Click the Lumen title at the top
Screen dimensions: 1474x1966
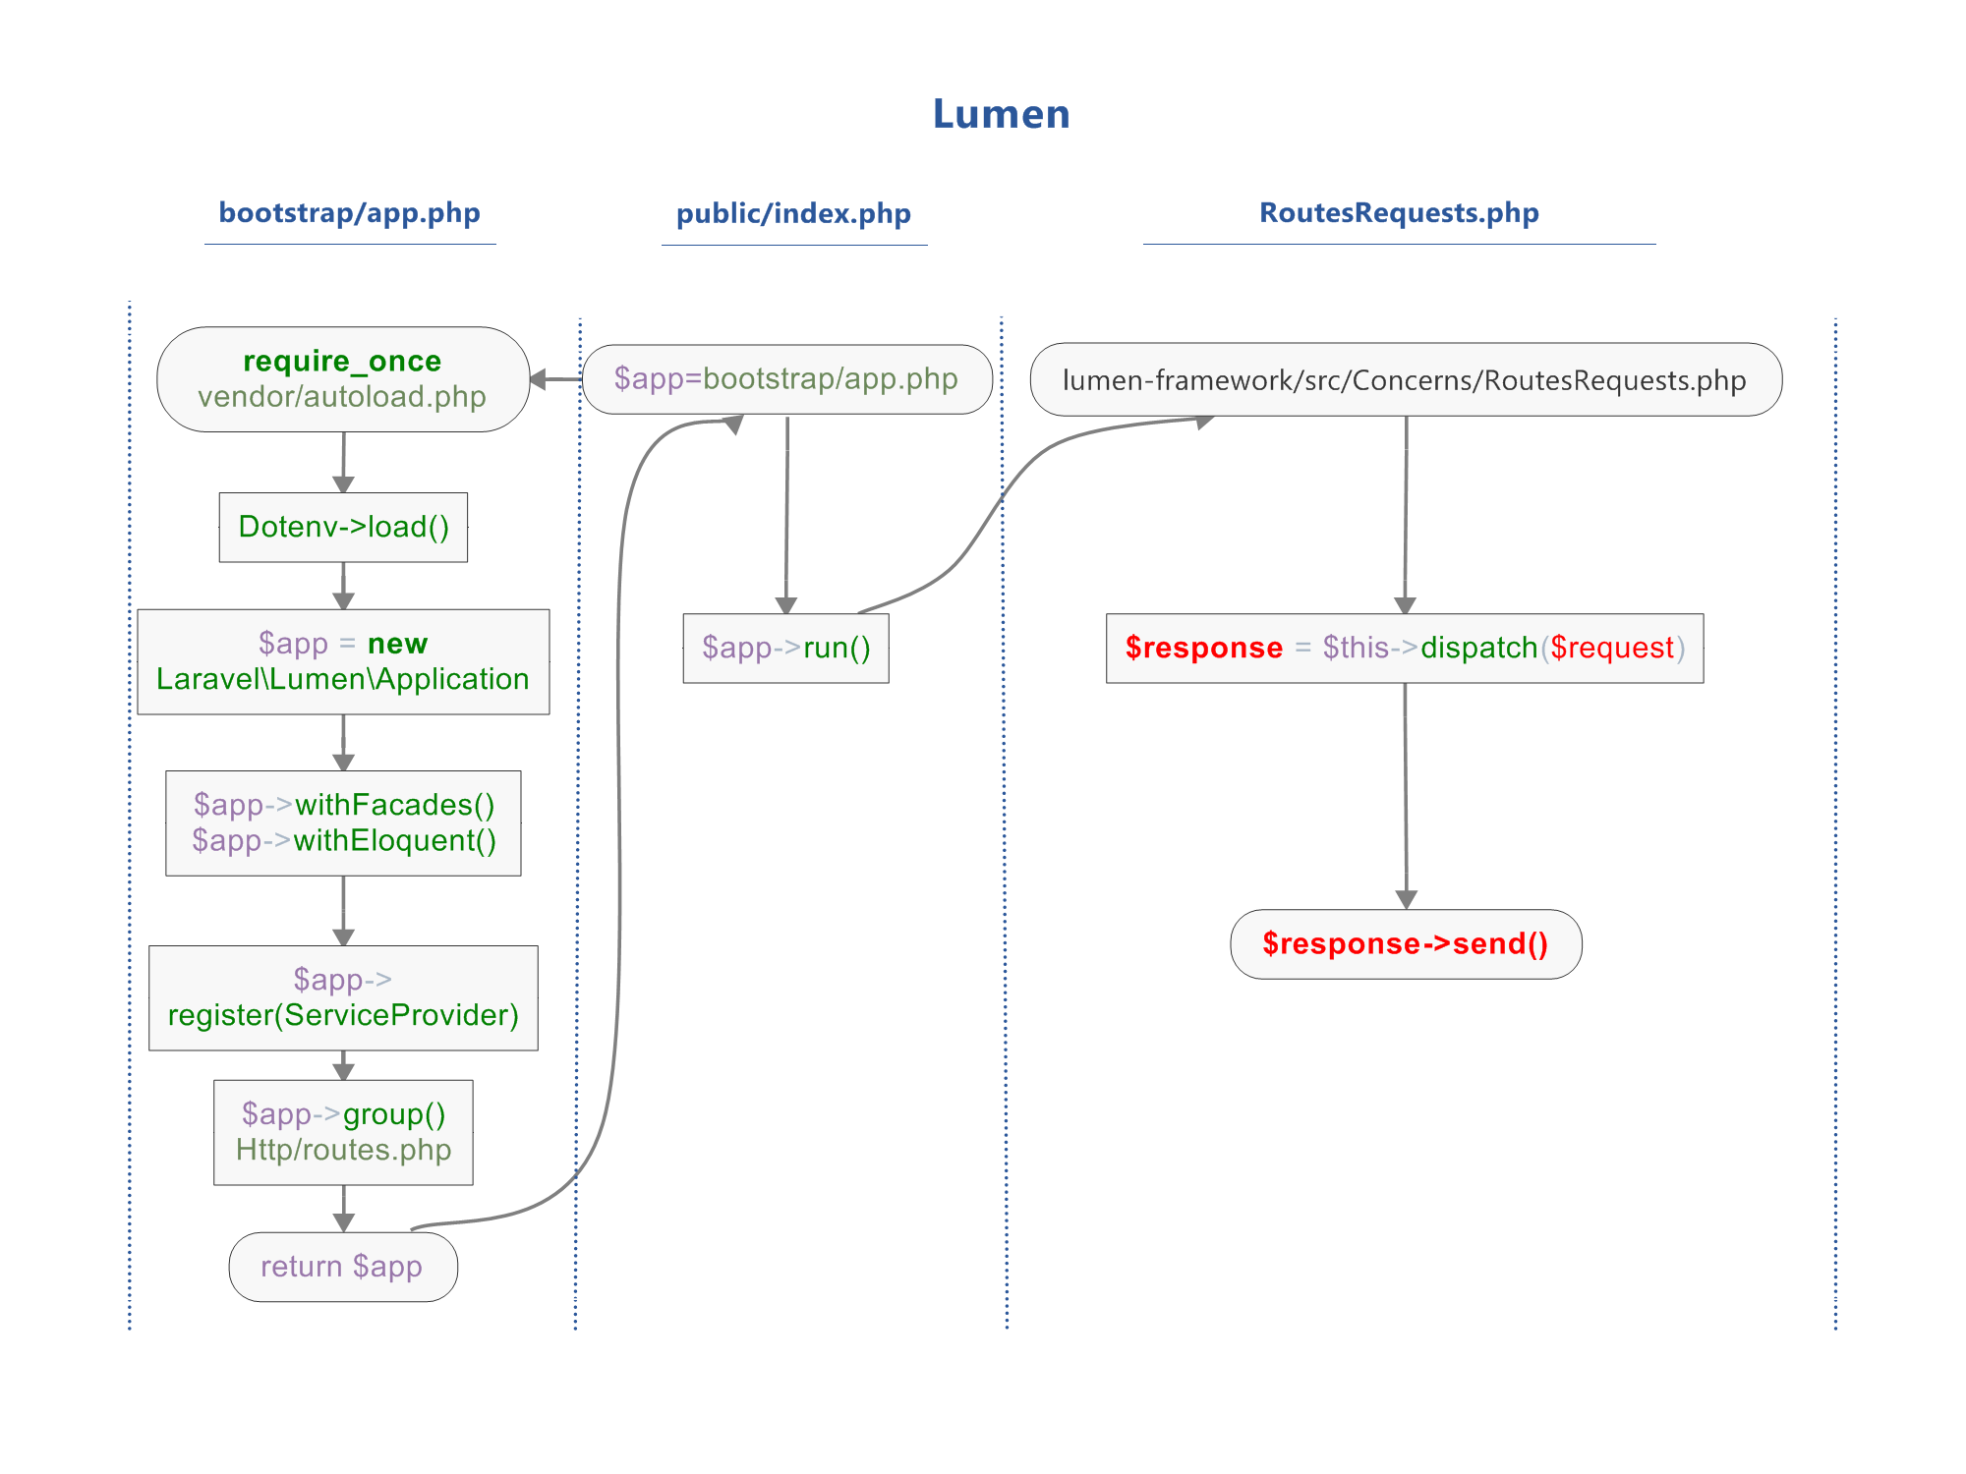[x=1001, y=114]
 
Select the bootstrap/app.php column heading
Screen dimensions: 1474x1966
[x=349, y=213]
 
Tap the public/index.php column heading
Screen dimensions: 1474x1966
[x=793, y=214]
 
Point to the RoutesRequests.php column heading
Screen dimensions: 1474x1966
[x=1399, y=213]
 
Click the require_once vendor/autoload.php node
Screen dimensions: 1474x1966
[x=342, y=379]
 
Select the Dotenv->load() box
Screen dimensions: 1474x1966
[x=343, y=527]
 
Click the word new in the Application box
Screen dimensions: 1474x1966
[x=397, y=644]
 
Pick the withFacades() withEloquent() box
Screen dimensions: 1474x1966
[x=343, y=822]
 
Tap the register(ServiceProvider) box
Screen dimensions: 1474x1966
[x=343, y=997]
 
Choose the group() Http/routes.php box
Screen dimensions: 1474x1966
[x=343, y=1132]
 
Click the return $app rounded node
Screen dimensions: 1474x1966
[x=342, y=1267]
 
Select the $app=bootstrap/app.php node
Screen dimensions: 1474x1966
[x=786, y=379]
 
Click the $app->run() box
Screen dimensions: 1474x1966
[x=786, y=649]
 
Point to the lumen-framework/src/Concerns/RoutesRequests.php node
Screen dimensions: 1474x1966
[x=1405, y=380]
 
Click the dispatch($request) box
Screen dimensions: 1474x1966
[x=1405, y=649]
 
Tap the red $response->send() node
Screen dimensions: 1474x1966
[x=1406, y=944]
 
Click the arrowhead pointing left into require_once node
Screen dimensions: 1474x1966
[x=538, y=379]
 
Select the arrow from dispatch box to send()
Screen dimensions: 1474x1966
[x=1406, y=796]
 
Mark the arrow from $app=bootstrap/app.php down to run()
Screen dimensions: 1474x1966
[x=786, y=511]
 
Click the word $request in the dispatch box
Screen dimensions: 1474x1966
[x=1612, y=649]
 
